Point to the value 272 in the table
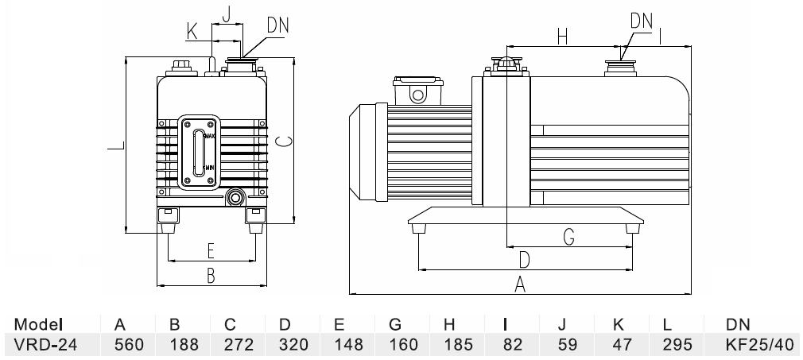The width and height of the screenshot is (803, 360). click(x=230, y=345)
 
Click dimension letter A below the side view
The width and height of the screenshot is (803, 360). click(x=520, y=285)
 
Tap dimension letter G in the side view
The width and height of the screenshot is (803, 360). click(x=569, y=236)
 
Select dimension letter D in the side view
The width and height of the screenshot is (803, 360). click(x=525, y=260)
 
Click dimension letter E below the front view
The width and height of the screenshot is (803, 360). click(x=211, y=251)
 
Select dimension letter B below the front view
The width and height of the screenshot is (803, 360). click(x=211, y=275)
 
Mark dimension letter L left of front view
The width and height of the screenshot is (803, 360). click(x=116, y=147)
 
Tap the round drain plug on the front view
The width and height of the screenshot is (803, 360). click(x=235, y=196)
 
